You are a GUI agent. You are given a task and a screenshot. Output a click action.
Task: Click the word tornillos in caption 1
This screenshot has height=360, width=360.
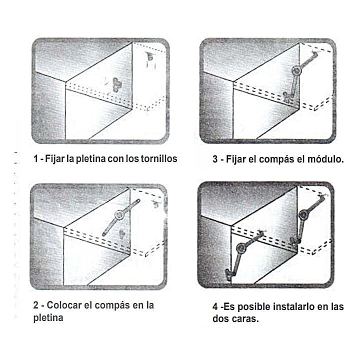(159, 158)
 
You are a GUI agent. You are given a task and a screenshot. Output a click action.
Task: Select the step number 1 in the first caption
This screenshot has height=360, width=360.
(35, 158)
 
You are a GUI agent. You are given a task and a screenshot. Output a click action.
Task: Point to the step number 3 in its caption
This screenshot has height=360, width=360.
(215, 159)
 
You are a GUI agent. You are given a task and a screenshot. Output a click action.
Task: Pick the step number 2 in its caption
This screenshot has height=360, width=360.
(36, 305)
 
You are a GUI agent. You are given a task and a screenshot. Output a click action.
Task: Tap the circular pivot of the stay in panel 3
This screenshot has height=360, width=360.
(296, 70)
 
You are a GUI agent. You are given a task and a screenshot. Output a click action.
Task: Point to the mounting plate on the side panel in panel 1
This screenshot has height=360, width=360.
(116, 84)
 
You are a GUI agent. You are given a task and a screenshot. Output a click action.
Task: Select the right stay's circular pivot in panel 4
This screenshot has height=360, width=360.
(304, 214)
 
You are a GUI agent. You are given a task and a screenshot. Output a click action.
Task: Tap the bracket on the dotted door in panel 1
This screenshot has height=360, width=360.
(149, 56)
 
